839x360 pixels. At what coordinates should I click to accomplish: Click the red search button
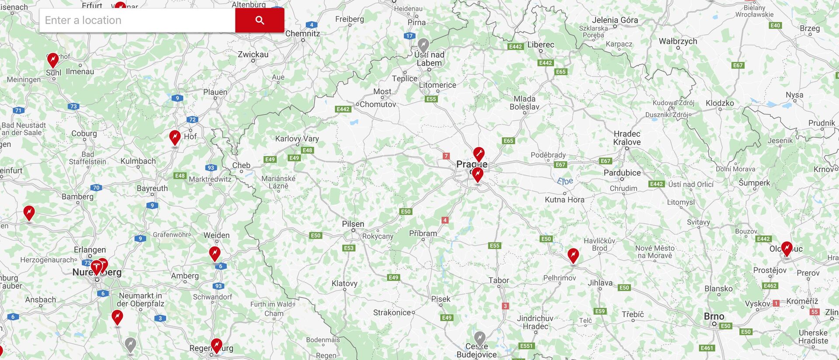[260, 20]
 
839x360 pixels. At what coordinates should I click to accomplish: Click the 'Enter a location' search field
[137, 20]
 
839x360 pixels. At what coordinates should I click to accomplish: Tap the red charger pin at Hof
[175, 138]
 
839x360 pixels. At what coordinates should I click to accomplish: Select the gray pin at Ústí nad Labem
[423, 45]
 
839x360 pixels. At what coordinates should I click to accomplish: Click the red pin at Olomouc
[787, 249]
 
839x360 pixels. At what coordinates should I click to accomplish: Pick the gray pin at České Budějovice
[480, 339]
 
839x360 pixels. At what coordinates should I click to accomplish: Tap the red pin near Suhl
[53, 60]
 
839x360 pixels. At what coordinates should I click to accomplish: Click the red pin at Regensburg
[216, 346]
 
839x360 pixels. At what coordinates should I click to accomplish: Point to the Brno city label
[714, 316]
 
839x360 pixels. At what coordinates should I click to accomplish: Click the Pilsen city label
[353, 224]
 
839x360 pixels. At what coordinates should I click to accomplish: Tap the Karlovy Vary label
[297, 138]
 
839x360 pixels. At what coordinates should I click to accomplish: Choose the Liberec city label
[541, 45]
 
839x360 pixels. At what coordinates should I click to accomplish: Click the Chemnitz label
[302, 34]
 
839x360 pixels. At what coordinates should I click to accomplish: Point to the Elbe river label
[565, 181]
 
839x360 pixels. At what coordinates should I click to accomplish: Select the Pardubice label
[622, 173]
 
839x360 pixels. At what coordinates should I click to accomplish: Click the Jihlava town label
[600, 283]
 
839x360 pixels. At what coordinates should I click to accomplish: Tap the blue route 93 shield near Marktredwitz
[211, 167]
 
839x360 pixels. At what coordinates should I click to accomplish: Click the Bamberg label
[77, 197]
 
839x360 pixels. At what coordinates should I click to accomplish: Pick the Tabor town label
[499, 280]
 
